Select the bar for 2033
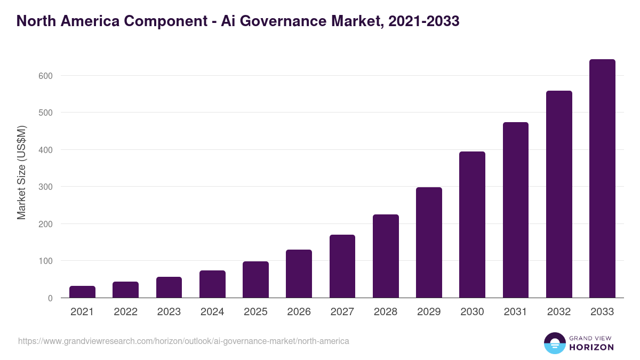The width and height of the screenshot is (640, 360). coord(602,179)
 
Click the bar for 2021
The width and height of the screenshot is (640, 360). coord(82,292)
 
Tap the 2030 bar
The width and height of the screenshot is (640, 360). coord(472,225)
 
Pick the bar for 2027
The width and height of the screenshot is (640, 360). coord(342,266)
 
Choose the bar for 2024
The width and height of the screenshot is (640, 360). coord(212,284)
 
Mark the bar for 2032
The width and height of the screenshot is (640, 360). coord(559,194)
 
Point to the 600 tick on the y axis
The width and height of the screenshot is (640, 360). coord(45,76)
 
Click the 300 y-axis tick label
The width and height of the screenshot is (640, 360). coord(45,187)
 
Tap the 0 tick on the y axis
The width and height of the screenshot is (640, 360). coord(50,298)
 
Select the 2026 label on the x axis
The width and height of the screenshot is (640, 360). coord(299,312)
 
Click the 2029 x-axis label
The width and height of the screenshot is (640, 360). coord(429,312)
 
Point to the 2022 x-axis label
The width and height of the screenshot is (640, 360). coord(125,312)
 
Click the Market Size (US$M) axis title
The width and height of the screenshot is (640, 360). coord(21,172)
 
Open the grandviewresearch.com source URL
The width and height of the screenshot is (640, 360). coord(183,341)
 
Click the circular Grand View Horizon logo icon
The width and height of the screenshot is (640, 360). coord(554,343)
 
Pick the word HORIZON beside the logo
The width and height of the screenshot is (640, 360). coord(591,347)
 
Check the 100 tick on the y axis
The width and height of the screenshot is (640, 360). coord(45,261)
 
